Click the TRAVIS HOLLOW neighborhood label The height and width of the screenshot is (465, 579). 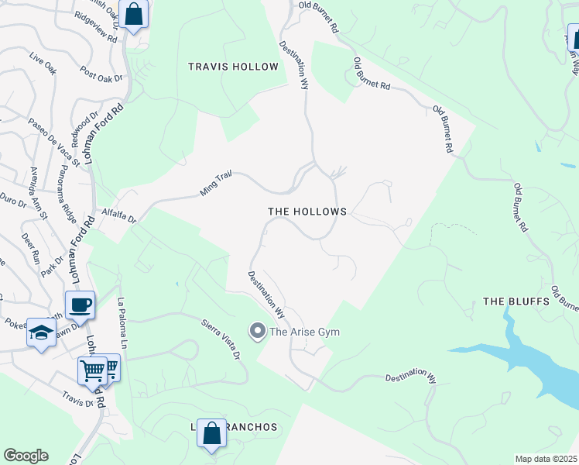click(x=233, y=67)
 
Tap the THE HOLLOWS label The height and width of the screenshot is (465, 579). click(x=307, y=212)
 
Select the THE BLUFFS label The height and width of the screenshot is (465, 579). click(x=516, y=301)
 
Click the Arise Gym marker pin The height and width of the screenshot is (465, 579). click(x=257, y=332)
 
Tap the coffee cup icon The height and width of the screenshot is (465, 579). click(x=80, y=305)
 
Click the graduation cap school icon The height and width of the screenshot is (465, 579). click(x=40, y=333)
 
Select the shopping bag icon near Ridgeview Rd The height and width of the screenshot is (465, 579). click(x=134, y=14)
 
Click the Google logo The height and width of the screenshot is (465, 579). click(x=26, y=456)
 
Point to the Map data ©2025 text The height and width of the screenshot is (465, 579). click(x=545, y=459)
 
